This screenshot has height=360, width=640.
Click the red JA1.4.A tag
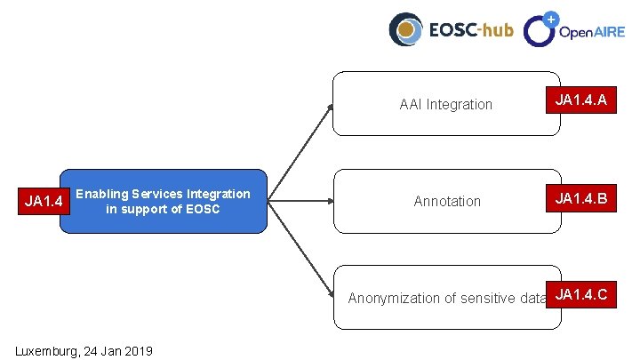tap(581, 100)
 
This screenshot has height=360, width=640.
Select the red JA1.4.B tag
tap(581, 197)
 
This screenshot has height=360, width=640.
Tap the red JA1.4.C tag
tap(581, 294)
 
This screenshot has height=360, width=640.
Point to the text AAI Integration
tap(445, 104)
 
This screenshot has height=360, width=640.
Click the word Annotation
tap(447, 202)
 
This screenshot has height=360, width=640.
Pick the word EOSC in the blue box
tap(201, 210)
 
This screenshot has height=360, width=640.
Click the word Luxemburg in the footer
tap(45, 351)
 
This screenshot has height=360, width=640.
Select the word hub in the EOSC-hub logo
tap(497, 30)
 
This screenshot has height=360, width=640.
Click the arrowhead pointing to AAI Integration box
tap(331, 107)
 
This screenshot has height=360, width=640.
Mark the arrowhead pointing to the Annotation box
tap(330, 201)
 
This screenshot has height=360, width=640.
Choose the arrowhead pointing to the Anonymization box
tap(330, 294)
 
